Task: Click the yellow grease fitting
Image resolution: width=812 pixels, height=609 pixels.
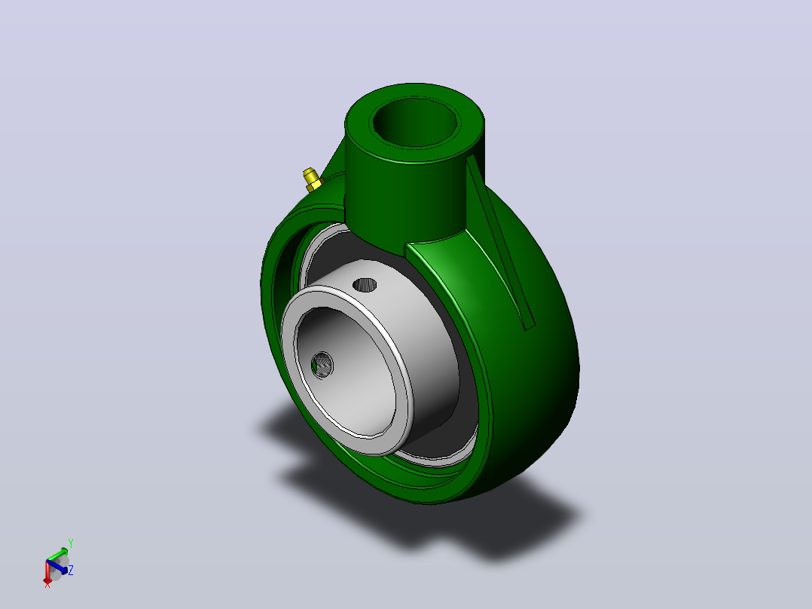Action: pyautogui.click(x=313, y=179)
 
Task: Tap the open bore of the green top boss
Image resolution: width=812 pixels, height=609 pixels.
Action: pyautogui.click(x=416, y=122)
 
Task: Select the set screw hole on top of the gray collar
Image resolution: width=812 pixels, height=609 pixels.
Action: pyautogui.click(x=365, y=285)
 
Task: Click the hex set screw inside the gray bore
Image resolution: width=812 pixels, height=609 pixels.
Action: pyautogui.click(x=322, y=366)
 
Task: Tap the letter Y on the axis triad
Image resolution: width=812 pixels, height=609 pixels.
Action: pyautogui.click(x=71, y=543)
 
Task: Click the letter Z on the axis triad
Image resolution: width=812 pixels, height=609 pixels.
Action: pyautogui.click(x=71, y=570)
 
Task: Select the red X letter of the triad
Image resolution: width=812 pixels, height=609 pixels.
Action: pyautogui.click(x=47, y=585)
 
